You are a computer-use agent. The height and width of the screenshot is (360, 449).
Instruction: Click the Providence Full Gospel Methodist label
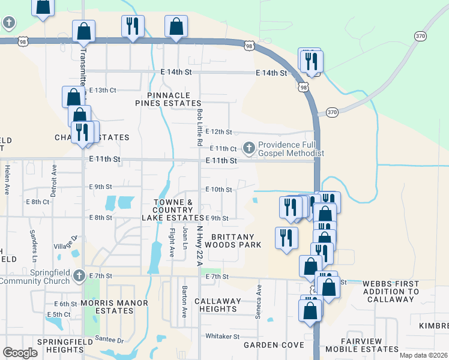click(291, 149)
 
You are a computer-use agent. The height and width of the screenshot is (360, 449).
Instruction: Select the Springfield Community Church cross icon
click(79, 276)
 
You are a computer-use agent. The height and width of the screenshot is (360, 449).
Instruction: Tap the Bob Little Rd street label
click(198, 127)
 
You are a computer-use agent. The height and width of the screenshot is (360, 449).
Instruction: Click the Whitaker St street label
click(223, 337)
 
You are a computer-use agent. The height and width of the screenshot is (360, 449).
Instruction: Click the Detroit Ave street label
click(54, 181)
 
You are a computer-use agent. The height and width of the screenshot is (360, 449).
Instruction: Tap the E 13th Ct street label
click(102, 90)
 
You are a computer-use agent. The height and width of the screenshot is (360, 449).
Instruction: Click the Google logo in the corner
click(20, 353)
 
